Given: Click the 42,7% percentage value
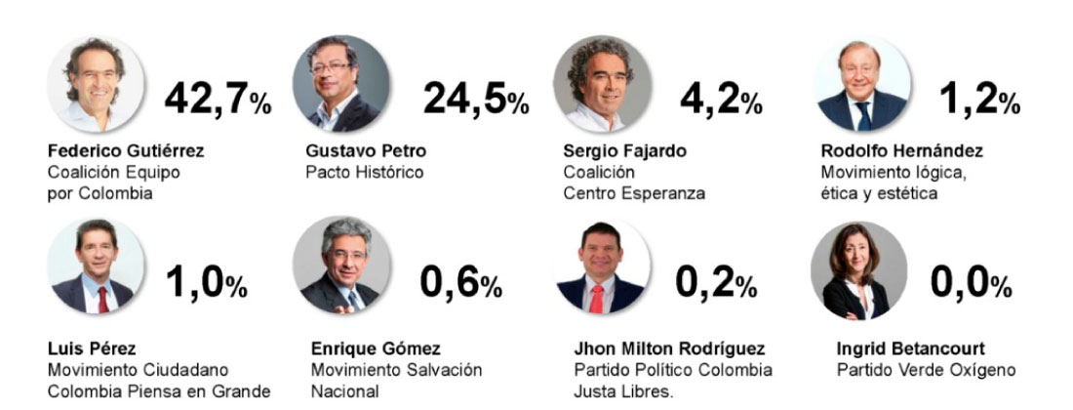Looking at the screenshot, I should (x=218, y=98).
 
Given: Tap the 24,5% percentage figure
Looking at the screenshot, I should (x=475, y=98).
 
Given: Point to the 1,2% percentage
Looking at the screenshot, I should (x=979, y=98).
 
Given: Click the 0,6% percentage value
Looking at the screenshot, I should (x=460, y=282).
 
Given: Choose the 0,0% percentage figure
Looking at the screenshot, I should (x=970, y=282).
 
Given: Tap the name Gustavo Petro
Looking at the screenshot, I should (x=366, y=151).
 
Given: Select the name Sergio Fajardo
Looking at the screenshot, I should (x=625, y=151).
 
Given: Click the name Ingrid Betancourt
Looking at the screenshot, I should (x=910, y=348).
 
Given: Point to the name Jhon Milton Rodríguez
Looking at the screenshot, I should (x=670, y=348).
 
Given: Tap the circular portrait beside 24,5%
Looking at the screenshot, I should (x=340, y=84).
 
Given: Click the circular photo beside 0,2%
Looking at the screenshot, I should (x=602, y=268).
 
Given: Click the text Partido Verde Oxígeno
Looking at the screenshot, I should (x=926, y=370).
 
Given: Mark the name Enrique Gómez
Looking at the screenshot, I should (x=376, y=348).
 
